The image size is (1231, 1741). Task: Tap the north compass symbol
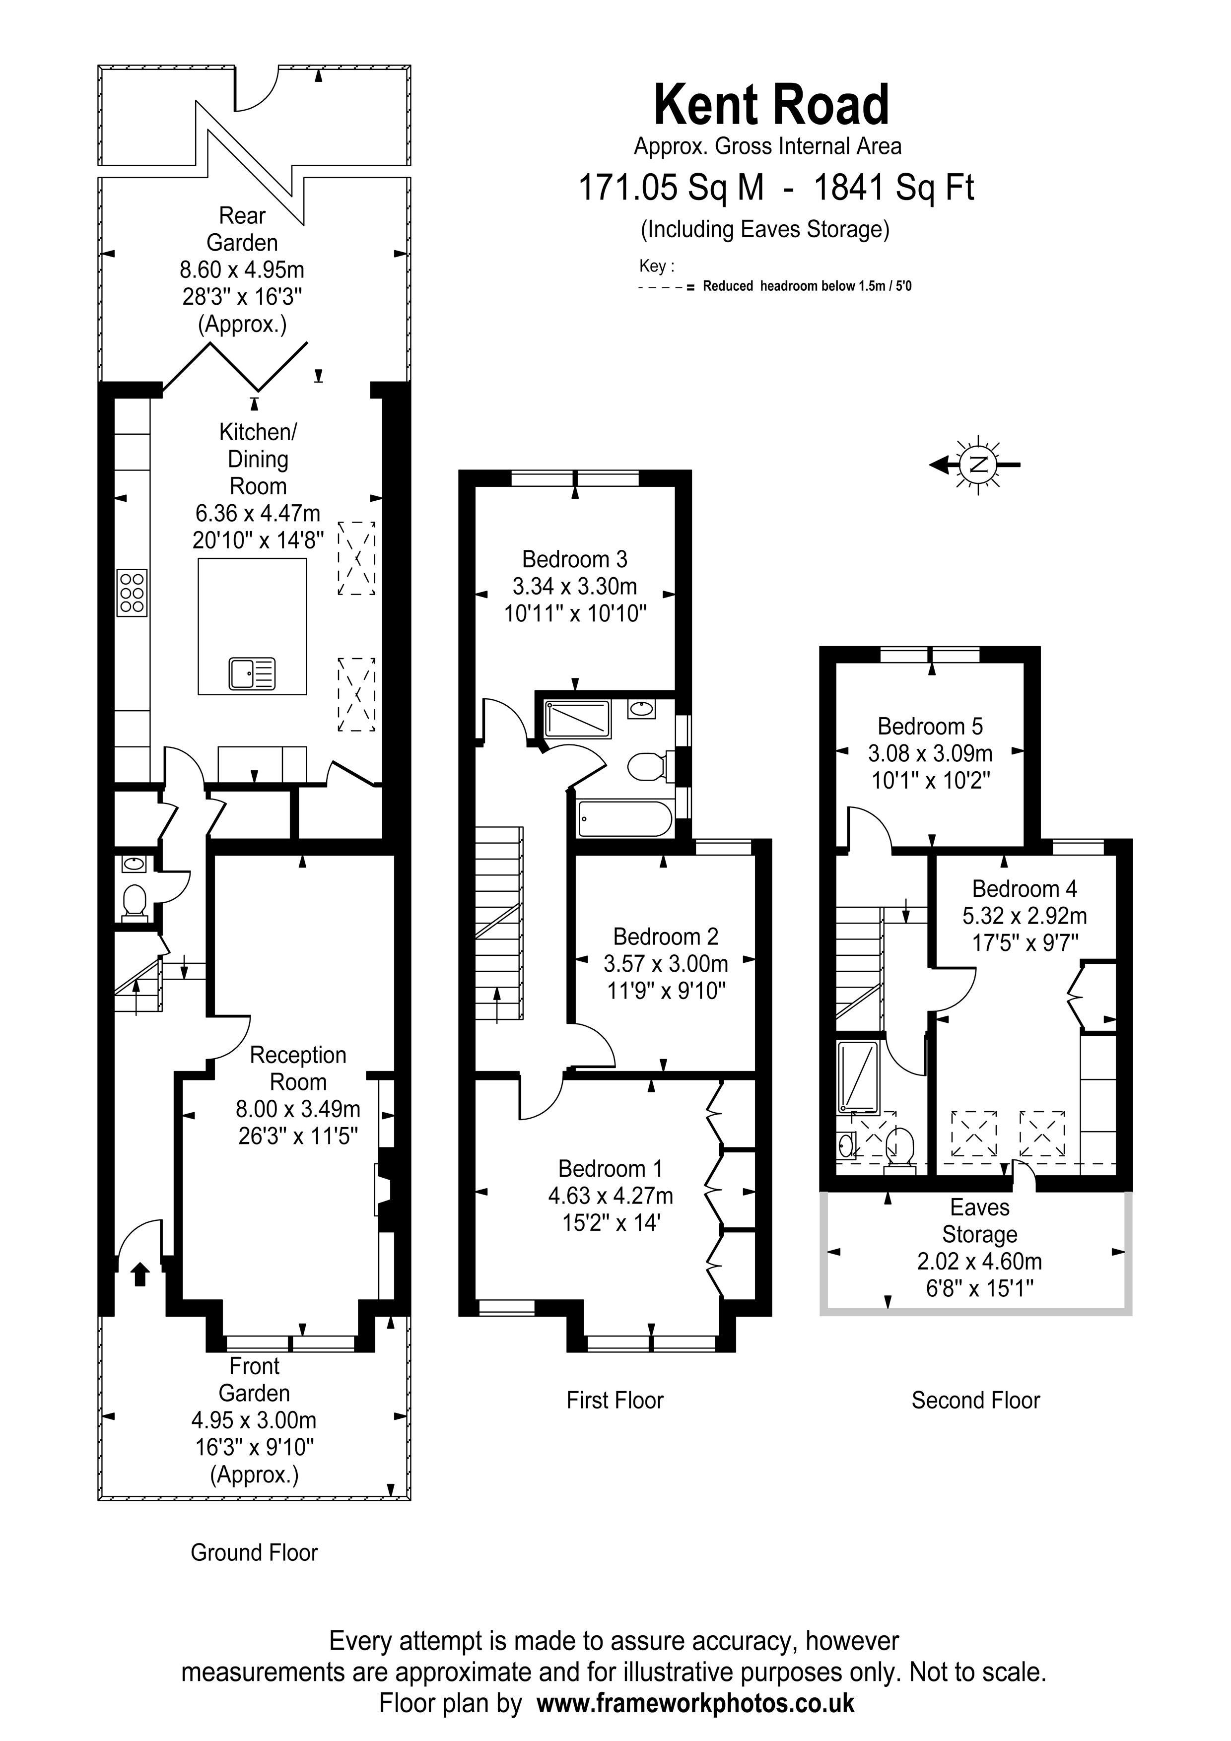[978, 464]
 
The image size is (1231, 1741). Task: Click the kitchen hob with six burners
[132, 592]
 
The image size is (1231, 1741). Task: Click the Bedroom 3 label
[574, 559]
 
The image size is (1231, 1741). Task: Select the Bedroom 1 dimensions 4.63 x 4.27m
[611, 1196]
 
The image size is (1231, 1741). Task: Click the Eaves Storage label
[979, 1221]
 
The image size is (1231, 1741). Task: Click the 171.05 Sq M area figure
[671, 187]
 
